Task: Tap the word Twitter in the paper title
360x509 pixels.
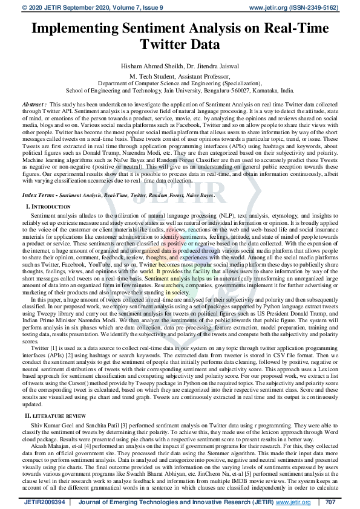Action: [163, 44]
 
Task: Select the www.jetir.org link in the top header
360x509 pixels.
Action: [262, 7]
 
